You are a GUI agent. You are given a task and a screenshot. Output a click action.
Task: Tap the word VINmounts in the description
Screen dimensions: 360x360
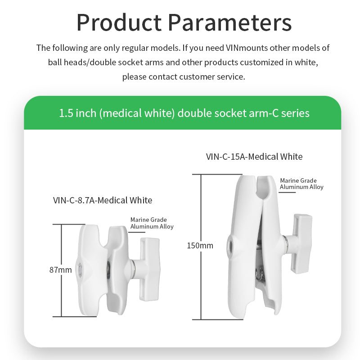(x=249, y=48)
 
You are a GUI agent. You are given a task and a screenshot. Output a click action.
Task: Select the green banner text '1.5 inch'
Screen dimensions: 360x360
(x=77, y=113)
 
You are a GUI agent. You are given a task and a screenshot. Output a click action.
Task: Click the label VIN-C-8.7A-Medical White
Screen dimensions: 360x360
(x=103, y=200)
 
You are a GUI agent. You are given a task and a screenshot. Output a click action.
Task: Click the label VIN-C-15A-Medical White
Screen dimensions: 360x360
(x=254, y=157)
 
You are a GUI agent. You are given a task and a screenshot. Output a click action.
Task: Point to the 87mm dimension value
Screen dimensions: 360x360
(x=61, y=270)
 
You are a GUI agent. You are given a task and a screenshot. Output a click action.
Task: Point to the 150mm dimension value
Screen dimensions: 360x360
(x=200, y=246)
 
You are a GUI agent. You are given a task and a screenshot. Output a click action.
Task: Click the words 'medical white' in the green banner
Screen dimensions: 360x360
(x=136, y=113)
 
